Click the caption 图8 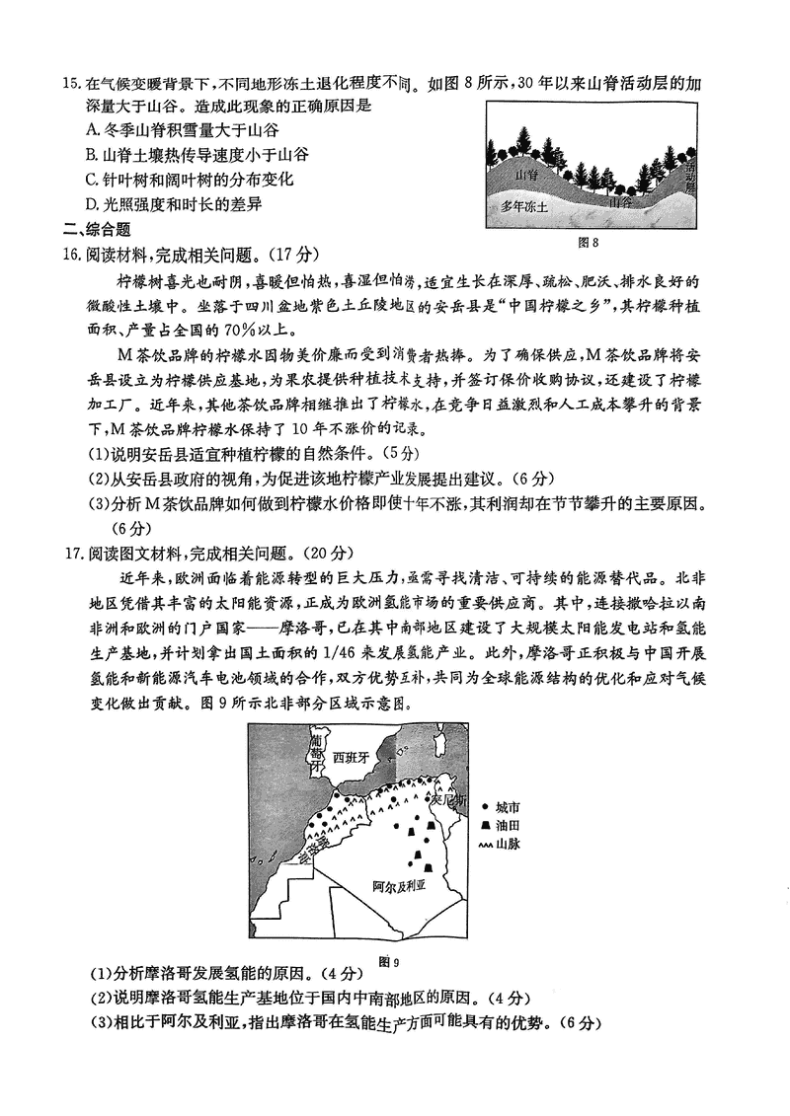589,242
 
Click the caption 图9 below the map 387,959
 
